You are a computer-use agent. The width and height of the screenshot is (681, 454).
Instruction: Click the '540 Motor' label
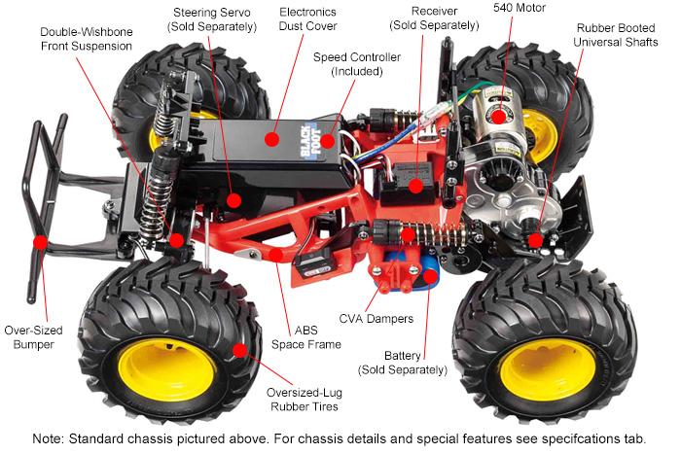click(x=519, y=8)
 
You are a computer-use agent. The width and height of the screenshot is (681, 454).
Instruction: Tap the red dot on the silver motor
click(x=498, y=117)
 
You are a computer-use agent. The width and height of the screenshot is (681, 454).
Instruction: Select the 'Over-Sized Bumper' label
click(x=33, y=337)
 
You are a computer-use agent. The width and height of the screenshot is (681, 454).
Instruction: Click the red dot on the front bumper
click(x=41, y=242)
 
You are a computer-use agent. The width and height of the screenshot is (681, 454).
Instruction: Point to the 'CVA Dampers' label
click(x=376, y=319)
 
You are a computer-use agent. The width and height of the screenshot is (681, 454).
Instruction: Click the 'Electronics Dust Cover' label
click(x=307, y=19)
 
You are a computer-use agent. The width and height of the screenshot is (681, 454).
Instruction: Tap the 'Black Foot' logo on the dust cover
click(x=311, y=141)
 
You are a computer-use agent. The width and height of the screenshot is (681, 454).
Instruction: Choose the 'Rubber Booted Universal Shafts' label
click(x=616, y=35)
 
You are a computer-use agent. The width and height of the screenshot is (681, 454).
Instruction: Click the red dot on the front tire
click(x=239, y=350)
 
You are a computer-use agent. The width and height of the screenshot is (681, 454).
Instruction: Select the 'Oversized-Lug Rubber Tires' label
click(x=304, y=400)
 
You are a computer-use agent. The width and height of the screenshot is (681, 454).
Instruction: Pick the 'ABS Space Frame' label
click(x=306, y=337)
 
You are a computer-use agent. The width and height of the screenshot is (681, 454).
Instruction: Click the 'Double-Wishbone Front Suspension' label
click(x=87, y=39)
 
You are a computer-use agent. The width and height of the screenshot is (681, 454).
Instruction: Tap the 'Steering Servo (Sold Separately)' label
click(x=212, y=19)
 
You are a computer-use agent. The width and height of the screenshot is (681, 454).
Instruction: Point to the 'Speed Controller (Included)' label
click(x=357, y=64)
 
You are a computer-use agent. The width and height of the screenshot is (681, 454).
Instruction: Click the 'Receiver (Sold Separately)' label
click(x=434, y=18)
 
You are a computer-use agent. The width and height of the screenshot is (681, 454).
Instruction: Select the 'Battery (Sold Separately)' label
click(x=403, y=363)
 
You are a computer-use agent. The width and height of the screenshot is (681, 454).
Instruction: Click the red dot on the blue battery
click(x=430, y=276)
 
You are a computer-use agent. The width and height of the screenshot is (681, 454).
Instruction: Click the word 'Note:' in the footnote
click(x=49, y=438)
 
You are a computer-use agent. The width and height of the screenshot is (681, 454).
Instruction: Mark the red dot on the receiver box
click(x=415, y=186)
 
